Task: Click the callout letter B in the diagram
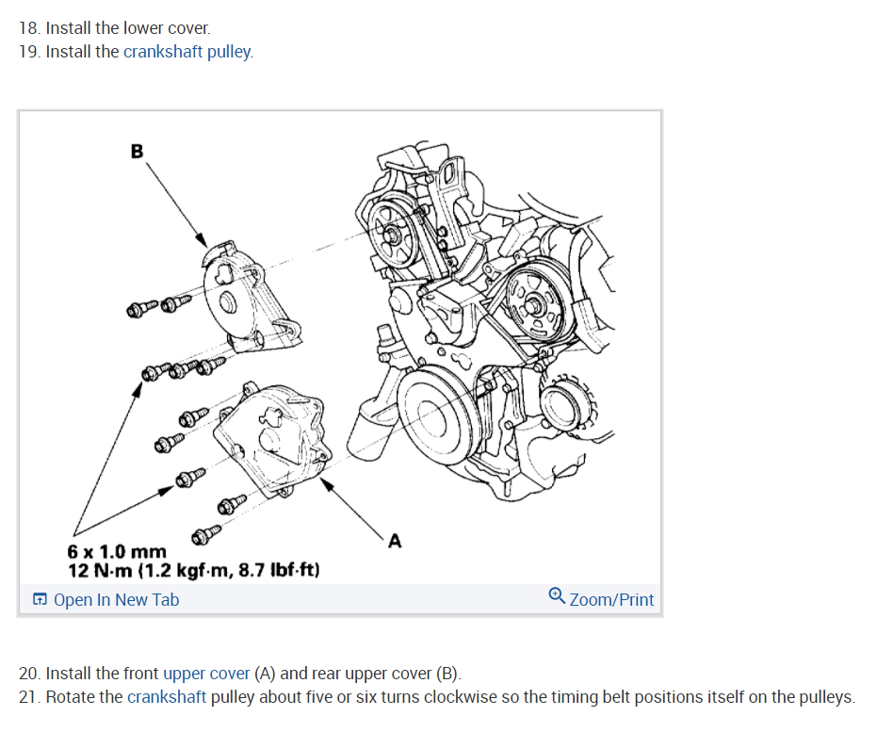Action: [137, 150]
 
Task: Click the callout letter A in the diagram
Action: [394, 541]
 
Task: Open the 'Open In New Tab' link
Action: [116, 600]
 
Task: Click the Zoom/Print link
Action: [611, 600]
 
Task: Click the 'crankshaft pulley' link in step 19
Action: [187, 52]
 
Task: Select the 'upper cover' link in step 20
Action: [206, 674]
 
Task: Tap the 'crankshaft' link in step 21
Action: [167, 697]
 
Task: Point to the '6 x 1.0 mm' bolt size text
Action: [117, 552]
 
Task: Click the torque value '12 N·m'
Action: [103, 570]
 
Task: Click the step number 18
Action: [29, 28]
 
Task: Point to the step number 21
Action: [29, 697]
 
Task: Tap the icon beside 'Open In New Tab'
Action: [41, 600]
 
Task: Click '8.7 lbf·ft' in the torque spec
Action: [282, 570]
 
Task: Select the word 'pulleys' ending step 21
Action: [824, 697]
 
